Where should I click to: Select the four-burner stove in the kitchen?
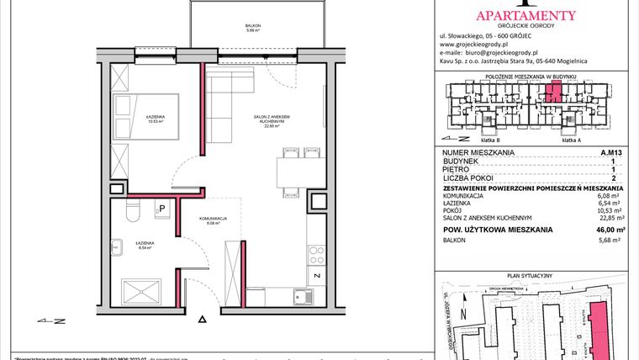coord(315,252)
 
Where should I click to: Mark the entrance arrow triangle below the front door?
coord(201,320)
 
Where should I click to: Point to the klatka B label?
coord(489,140)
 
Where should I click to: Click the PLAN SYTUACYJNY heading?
coord(534,275)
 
